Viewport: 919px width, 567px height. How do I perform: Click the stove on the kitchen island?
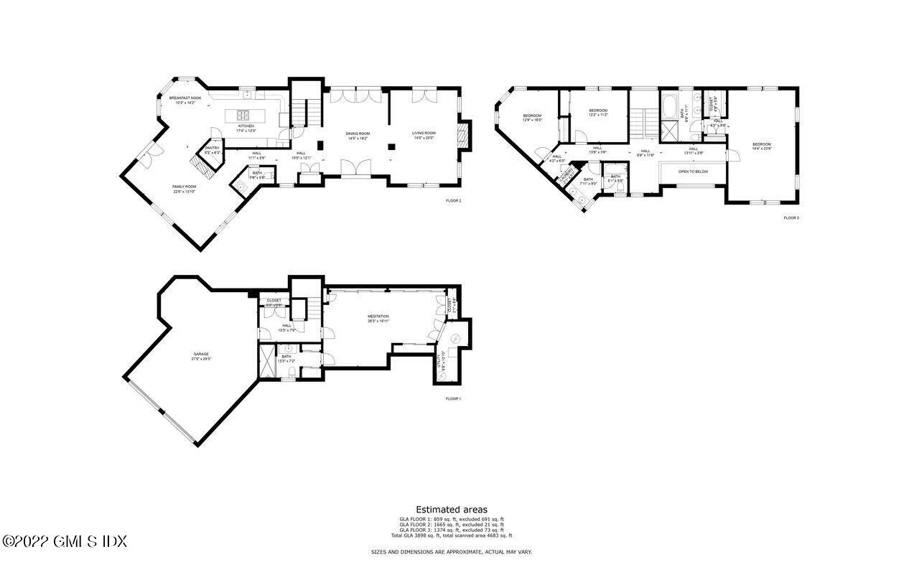coord(241,115)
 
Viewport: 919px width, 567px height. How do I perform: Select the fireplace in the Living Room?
coord(465,134)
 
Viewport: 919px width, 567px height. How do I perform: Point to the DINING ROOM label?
coord(358,134)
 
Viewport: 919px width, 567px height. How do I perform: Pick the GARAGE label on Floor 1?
coord(200,355)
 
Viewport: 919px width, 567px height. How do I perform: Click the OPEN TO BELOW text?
coord(693,172)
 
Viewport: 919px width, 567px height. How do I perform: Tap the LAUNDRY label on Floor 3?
coord(566,174)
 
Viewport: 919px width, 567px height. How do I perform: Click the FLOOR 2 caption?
coord(453,201)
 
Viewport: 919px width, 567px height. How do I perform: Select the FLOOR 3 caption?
coord(790,217)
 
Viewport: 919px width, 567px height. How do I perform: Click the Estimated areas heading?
coord(452,510)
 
